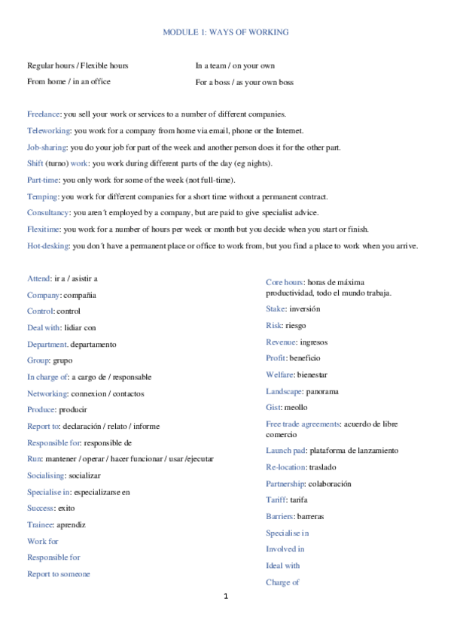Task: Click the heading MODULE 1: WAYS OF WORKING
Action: coord(226,32)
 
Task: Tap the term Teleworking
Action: coord(48,130)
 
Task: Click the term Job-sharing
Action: coord(47,147)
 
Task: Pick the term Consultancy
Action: coord(48,213)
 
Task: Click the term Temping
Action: coord(42,196)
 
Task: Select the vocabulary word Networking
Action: coord(47,393)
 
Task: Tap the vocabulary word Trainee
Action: coord(41,524)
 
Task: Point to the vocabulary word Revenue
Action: coord(280,342)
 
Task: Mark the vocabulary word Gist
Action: coord(273,407)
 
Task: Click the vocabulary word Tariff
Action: coord(276,500)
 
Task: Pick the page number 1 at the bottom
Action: coord(225,597)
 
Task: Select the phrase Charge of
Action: coord(283,582)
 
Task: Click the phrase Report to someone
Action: coord(59,574)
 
